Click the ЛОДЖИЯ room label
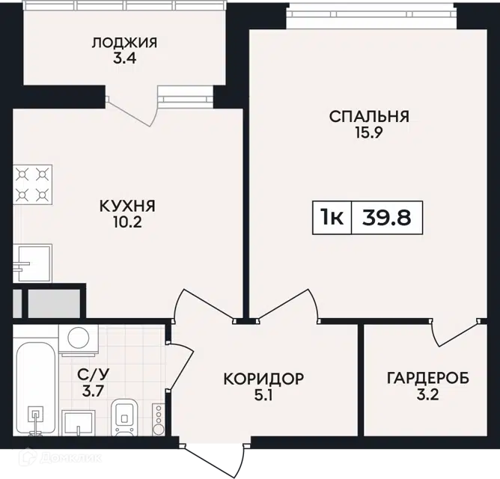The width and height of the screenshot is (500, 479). click(x=124, y=43)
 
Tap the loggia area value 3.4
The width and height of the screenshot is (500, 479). click(x=125, y=59)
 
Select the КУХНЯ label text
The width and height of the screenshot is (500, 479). click(x=127, y=206)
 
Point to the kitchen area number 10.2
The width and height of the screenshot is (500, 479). click(x=127, y=222)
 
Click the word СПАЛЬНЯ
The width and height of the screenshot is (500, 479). click(x=369, y=117)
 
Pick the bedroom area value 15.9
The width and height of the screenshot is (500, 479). click(x=369, y=132)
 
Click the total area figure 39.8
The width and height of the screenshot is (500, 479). click(x=387, y=218)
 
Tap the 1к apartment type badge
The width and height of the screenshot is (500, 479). click(x=332, y=218)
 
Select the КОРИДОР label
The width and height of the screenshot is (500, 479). click(x=263, y=379)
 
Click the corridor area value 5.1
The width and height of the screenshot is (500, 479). click(x=263, y=395)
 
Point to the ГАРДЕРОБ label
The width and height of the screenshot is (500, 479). click(x=428, y=379)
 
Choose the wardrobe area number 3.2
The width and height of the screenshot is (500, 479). click(x=428, y=395)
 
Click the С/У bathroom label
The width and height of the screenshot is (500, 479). click(x=93, y=375)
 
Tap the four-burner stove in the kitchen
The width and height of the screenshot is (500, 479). click(x=32, y=185)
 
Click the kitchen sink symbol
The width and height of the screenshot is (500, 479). click(x=32, y=263)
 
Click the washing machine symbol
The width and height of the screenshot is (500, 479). click(x=79, y=340)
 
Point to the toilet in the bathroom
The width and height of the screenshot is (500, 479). click(x=125, y=418)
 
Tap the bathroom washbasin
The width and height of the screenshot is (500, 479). click(x=79, y=423)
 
